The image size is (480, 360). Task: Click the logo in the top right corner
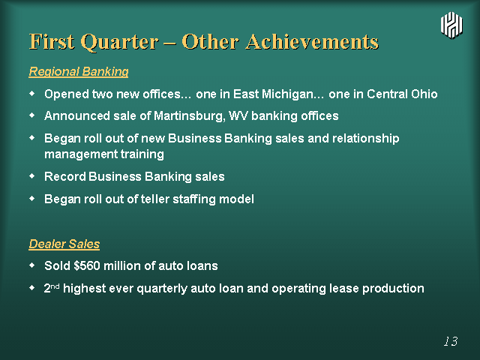pos(451,25)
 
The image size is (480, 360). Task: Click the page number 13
pos(451,341)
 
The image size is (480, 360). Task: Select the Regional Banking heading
pos(79,72)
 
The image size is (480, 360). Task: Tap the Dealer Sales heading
pos(64,244)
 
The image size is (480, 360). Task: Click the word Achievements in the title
pos(312,41)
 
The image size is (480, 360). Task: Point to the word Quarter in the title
pos(120,42)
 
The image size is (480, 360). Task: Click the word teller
pos(155,199)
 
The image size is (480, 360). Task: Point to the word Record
pos(65,177)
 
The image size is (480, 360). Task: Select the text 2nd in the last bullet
pos(52,288)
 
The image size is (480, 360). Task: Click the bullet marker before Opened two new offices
pos(32,93)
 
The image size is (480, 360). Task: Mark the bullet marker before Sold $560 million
pos(32,265)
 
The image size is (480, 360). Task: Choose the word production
pos(393,289)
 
